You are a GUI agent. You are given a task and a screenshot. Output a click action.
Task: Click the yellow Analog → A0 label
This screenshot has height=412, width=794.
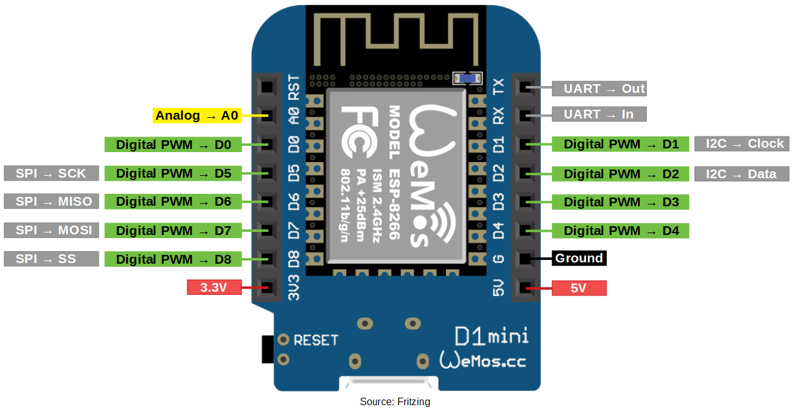[196, 115]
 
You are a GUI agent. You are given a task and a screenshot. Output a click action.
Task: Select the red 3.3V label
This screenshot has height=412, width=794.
[214, 288]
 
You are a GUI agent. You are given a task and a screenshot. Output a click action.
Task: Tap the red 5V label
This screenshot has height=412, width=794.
[579, 288]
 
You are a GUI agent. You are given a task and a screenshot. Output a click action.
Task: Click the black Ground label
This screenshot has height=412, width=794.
[579, 258]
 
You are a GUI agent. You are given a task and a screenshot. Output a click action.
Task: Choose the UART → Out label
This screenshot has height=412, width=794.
[599, 89]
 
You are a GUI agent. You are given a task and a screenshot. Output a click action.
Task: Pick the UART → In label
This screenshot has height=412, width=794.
[599, 114]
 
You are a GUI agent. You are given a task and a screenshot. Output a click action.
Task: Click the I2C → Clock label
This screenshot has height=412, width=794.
[742, 144]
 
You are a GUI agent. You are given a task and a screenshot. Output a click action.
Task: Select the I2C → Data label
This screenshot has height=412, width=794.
[742, 174]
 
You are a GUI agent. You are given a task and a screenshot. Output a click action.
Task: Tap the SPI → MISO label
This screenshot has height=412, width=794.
[51, 201]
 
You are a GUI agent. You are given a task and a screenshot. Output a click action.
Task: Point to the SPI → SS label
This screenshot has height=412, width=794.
[51, 259]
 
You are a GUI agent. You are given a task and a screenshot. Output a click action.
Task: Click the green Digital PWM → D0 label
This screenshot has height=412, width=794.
[173, 145]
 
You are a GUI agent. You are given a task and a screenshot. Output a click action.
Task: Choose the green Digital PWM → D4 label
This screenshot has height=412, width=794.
[621, 231]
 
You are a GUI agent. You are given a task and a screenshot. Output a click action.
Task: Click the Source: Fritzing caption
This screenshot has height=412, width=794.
[395, 402]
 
